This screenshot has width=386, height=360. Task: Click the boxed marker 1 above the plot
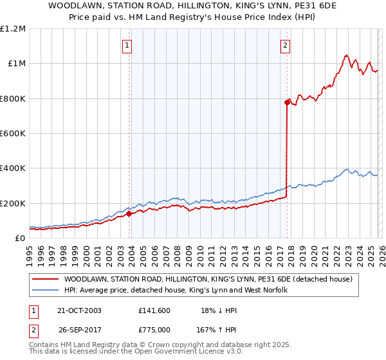click(128, 46)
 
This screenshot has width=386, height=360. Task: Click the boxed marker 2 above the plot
click(285, 46)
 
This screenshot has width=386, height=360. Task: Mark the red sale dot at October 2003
click(129, 213)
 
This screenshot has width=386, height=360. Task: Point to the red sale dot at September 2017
click(287, 102)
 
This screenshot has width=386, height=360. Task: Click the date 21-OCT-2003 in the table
click(79, 310)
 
